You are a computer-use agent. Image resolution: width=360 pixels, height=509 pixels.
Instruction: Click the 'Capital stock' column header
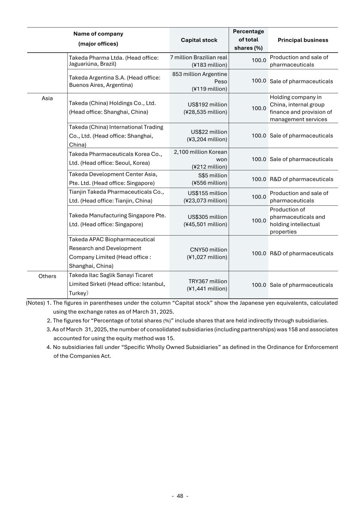tap(199, 40)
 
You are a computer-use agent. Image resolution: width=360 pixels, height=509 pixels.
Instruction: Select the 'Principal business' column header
tap(303, 40)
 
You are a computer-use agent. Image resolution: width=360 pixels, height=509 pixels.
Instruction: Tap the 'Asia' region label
tap(47, 98)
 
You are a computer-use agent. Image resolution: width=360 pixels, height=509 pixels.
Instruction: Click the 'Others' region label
tap(47, 276)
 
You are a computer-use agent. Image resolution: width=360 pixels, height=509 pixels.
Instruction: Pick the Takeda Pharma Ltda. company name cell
tap(114, 60)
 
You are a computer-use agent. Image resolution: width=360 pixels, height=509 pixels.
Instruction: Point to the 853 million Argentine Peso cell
tap(199, 81)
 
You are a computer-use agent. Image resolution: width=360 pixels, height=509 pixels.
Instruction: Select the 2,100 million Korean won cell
tap(200, 159)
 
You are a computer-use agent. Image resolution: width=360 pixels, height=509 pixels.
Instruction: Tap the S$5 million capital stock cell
tap(209, 179)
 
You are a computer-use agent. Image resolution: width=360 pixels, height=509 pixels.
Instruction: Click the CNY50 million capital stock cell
tap(207, 253)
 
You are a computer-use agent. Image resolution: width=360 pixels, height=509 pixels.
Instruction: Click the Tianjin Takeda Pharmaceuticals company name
tap(116, 196)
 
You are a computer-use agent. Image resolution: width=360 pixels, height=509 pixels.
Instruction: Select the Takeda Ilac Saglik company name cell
tap(117, 284)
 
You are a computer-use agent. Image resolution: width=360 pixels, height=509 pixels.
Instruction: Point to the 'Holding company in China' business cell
tap(301, 108)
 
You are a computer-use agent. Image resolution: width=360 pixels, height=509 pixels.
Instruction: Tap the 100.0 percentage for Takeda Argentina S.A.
tap(259, 81)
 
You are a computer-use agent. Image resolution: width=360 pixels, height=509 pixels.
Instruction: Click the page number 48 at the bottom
tap(180, 496)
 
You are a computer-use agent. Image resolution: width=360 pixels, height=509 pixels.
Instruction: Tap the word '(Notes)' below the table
tap(35, 303)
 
